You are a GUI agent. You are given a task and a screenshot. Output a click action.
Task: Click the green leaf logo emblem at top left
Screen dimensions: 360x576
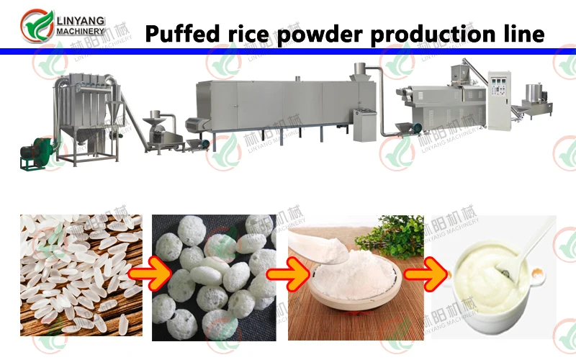coord(35,26)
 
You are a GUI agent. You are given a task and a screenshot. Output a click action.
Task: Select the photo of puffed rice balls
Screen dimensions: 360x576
coord(214,277)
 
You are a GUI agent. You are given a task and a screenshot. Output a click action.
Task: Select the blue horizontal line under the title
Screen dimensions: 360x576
coord(288,51)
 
